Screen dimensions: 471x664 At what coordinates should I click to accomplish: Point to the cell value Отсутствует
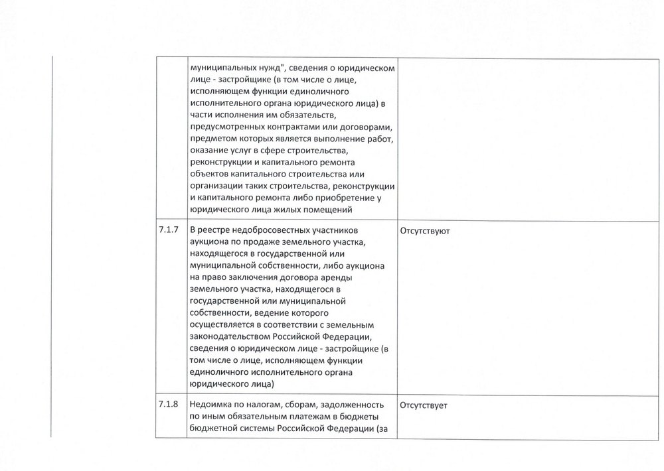(424, 405)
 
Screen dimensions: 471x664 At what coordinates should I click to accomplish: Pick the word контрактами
(282, 126)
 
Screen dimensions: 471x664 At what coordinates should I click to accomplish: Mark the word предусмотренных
(223, 126)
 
